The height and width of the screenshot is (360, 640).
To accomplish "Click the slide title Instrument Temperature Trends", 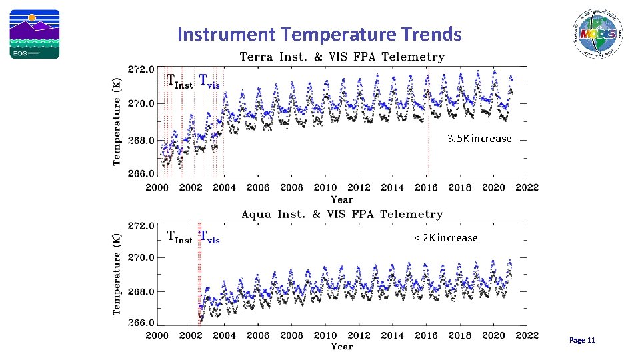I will click(x=319, y=34).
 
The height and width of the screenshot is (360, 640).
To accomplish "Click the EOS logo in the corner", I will click(x=34, y=34).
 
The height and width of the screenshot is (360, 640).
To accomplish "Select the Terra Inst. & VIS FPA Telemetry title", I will click(x=341, y=57).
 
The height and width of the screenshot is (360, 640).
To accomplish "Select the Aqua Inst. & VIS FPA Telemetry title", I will click(x=341, y=214).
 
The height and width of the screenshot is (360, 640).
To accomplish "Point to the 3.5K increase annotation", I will click(x=479, y=139).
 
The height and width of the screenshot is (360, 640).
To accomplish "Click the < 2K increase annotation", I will click(x=445, y=238).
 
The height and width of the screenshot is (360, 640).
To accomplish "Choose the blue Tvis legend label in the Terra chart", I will click(x=209, y=81).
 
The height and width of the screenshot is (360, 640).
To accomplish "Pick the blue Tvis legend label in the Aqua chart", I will click(x=209, y=237).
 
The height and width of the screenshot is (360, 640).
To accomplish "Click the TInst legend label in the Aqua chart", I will click(x=179, y=238).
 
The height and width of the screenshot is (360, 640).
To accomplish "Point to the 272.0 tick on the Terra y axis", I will click(x=141, y=69).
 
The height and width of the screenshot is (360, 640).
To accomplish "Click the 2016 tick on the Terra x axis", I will click(x=426, y=188).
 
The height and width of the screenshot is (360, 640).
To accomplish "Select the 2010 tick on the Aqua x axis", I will click(x=325, y=335).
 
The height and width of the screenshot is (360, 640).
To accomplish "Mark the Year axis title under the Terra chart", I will click(x=342, y=199).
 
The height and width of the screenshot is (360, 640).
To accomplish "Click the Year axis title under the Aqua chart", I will click(x=342, y=347).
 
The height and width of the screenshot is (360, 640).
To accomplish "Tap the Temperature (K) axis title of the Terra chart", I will click(x=117, y=119).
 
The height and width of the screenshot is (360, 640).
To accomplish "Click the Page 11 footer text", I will click(x=582, y=341).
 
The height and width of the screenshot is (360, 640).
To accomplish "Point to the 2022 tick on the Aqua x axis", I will click(x=527, y=335).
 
